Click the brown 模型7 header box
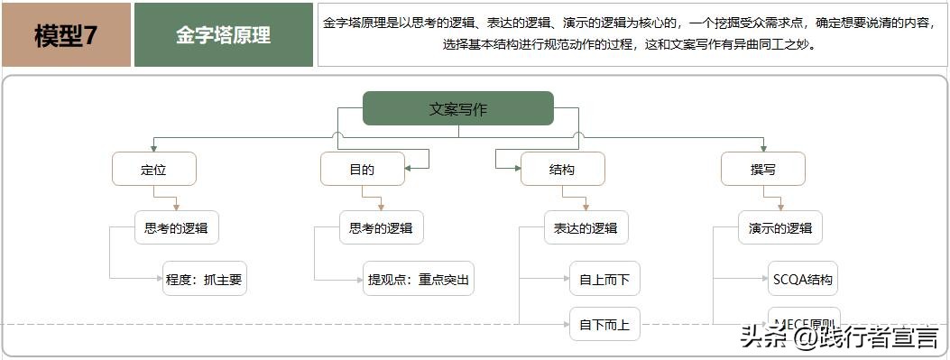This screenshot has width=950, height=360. pos(66,35)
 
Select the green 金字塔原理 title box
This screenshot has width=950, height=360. pos(223,35)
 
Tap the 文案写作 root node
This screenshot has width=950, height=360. pos(457,109)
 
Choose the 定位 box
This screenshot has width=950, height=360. pos(154,169)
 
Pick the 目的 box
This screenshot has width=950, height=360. pos(362,169)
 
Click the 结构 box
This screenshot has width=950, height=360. pos(562,169)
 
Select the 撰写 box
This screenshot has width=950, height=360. pos(762,169)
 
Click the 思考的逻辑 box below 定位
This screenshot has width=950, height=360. pos(176,227)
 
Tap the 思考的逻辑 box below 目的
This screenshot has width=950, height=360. pos(381,227)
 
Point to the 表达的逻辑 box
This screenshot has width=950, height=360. pos(586,227)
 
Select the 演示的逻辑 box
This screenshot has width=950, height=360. pos(779,227)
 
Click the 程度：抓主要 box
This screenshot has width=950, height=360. pos(204,279)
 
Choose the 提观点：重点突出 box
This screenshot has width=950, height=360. pos(419,279)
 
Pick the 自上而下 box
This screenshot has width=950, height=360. pos(604,279)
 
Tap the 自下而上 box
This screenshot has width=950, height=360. pos(604,324)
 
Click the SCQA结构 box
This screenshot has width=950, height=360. pos(802,279)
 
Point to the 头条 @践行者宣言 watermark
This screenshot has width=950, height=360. pos(839,338)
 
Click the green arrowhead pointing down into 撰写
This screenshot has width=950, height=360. pos(763,147)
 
